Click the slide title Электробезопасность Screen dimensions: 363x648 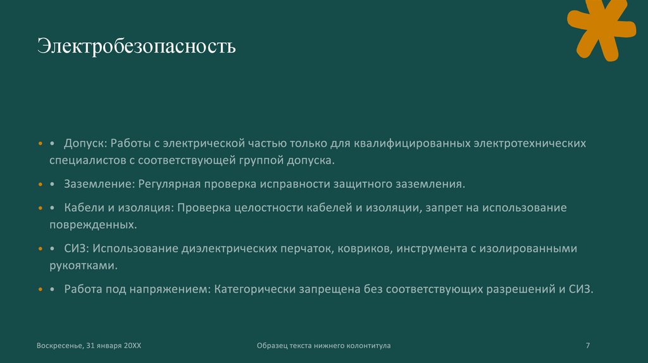[136, 47]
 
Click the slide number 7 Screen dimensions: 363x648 [588, 345]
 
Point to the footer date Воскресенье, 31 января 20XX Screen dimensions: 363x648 [89, 345]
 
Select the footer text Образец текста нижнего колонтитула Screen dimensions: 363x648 [324, 345]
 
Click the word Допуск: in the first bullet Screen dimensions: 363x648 [87, 144]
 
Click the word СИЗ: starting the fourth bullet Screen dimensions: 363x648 [77, 249]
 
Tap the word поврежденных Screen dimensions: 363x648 [93, 225]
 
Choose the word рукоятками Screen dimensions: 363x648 [83, 266]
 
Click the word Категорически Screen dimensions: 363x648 [255, 289]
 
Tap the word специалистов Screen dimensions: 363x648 [88, 161]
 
